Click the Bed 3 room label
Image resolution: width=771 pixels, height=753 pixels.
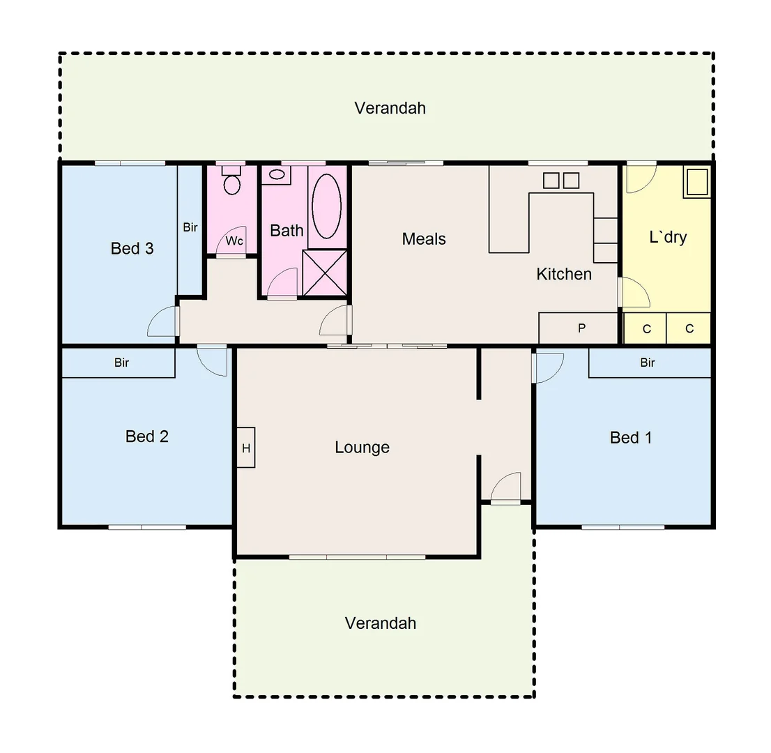point(132,248)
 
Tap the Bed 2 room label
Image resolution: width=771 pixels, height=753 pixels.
point(146,436)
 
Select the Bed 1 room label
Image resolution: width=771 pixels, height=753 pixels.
point(631,437)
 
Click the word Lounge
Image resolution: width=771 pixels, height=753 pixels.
point(362,447)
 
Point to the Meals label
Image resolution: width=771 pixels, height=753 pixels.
point(424,239)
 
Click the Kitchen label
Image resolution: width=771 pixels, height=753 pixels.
point(564,274)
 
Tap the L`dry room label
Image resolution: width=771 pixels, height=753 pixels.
point(668,237)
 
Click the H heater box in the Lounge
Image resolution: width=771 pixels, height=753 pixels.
point(246,448)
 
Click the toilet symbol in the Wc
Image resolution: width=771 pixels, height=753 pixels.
point(231,182)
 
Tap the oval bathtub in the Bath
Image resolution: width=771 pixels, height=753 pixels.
point(326,206)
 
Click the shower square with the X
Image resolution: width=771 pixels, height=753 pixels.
point(325,273)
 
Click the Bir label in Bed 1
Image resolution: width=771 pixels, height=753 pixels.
point(648,363)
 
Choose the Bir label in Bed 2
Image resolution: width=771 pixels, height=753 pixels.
point(121,363)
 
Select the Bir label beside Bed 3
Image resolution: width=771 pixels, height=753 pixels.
point(190,227)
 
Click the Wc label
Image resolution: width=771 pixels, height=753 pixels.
point(234,241)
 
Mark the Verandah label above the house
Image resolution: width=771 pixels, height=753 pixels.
point(390,108)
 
